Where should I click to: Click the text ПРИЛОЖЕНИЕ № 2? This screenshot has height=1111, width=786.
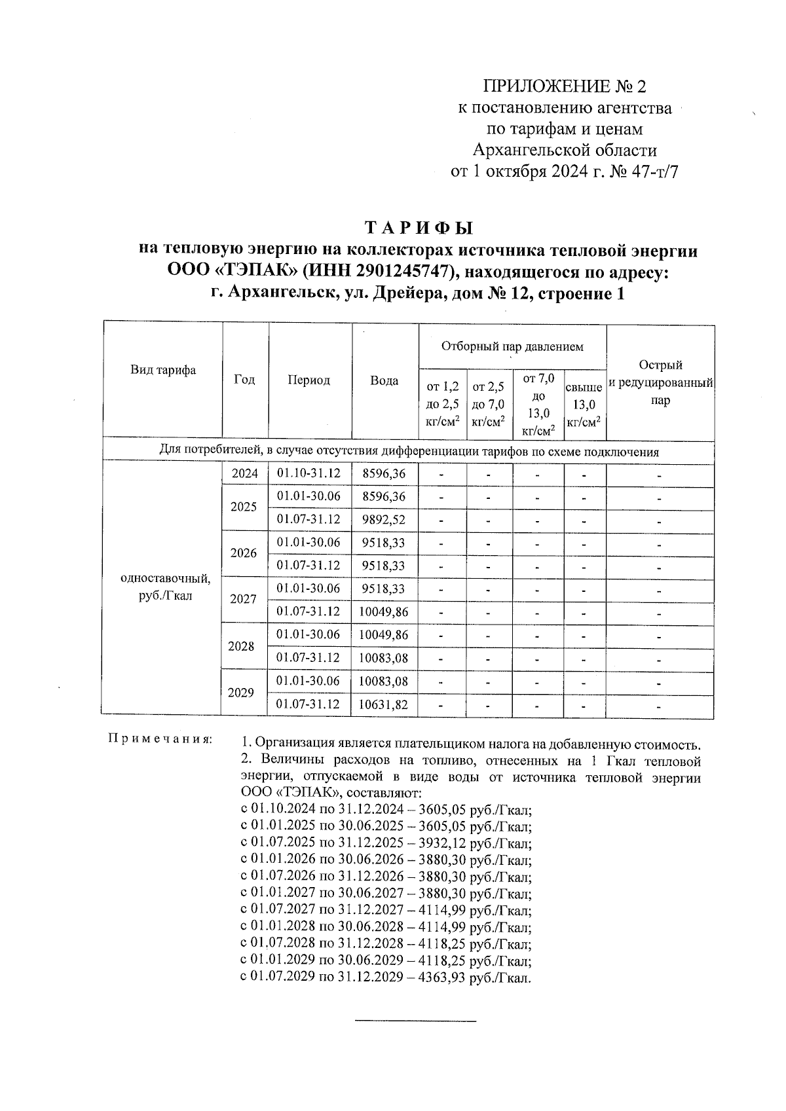click(x=564, y=86)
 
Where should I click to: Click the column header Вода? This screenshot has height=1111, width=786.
click(x=384, y=380)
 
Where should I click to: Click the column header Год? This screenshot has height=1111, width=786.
click(x=244, y=380)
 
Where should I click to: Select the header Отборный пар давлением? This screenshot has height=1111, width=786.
click(x=512, y=346)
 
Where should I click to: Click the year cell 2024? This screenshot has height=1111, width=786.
click(x=244, y=474)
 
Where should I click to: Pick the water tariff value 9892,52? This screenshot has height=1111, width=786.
click(x=384, y=519)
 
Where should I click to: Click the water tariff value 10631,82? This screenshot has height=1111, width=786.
click(x=384, y=704)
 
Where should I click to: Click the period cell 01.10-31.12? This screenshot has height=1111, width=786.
click(x=309, y=473)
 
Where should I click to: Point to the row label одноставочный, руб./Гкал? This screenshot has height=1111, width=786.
click(x=166, y=587)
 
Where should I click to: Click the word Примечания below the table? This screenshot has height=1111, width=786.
click(x=159, y=739)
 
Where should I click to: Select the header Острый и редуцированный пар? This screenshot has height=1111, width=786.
click(x=660, y=382)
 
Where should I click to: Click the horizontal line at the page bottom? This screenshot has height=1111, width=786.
click(x=415, y=1021)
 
